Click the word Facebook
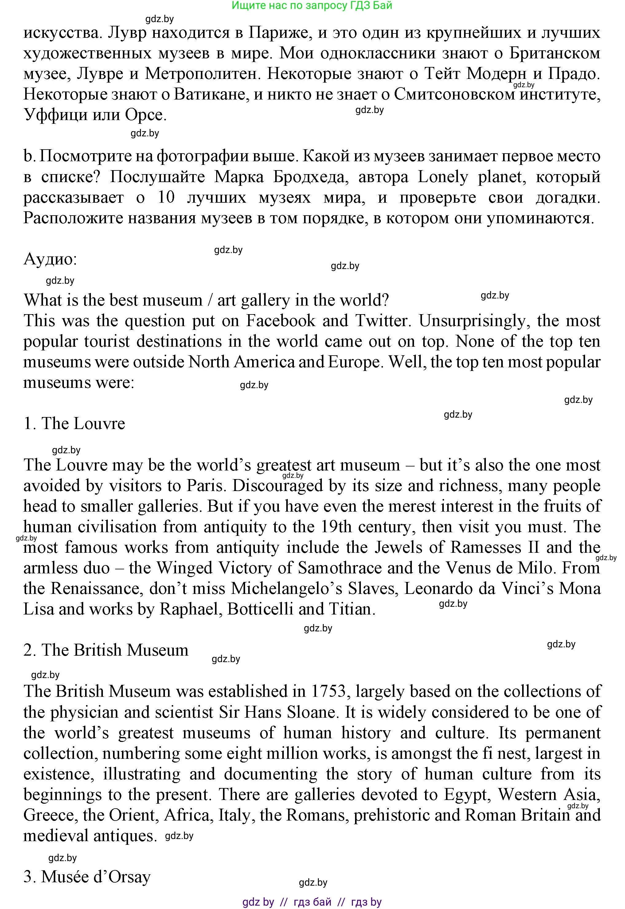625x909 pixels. click(280, 321)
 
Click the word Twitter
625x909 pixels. click(381, 321)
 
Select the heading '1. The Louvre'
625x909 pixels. click(74, 423)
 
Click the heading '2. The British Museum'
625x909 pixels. click(106, 650)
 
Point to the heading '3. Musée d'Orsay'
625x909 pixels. click(87, 877)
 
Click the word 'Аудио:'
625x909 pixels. click(50, 259)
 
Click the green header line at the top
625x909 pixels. click(312, 6)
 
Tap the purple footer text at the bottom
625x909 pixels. click(312, 902)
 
